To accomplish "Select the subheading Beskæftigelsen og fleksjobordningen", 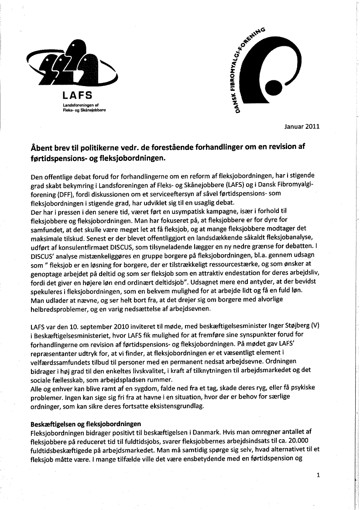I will pyautogui.click(x=86, y=424).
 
